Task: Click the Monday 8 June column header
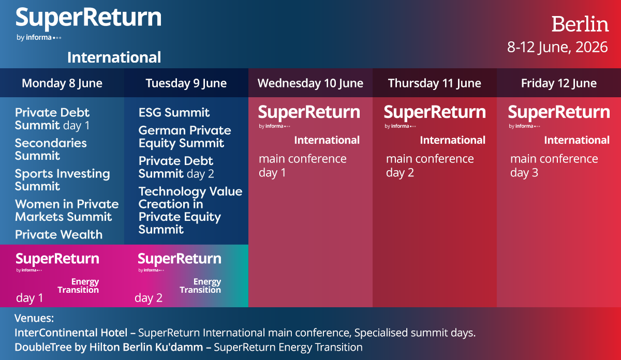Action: coord(62,83)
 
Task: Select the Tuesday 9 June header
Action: coord(186,83)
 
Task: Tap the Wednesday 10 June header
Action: coord(310,83)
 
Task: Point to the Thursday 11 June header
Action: coord(434,83)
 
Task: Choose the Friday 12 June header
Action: coord(558,83)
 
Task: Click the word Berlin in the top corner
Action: coord(580,24)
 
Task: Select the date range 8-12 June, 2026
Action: coord(557,47)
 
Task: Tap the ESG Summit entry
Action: coord(174,113)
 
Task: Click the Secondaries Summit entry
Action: coord(51,149)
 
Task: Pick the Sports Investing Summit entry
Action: coord(63,180)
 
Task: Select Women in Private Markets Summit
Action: coord(67,211)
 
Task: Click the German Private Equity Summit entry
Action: coord(185,137)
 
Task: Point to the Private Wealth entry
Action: coord(59,235)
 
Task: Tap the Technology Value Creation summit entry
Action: coord(190,211)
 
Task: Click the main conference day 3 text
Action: coord(554,166)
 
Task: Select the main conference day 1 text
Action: coord(303,166)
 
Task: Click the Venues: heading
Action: coord(34,318)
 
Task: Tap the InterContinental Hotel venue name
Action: coord(71,333)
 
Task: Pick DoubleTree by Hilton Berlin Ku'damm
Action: coord(109,347)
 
